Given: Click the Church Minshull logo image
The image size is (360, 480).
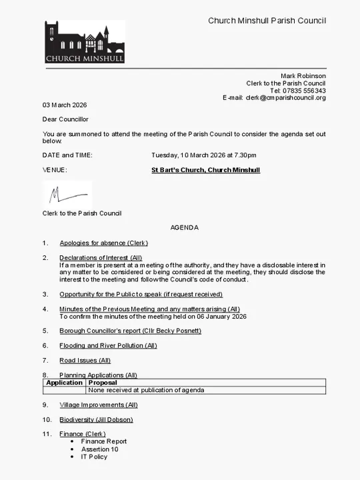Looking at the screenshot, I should coord(84,41).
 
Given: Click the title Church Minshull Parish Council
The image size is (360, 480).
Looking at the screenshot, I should coord(267,21).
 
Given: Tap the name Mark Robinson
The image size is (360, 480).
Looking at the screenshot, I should coord(303,76).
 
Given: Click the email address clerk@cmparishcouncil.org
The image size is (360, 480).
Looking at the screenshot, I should coord(285,98).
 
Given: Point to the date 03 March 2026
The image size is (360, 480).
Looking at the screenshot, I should coord(65,105).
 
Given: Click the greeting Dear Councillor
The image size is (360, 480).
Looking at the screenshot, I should coord(65,119).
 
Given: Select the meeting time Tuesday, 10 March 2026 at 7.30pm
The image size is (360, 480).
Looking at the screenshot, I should coord(203,155).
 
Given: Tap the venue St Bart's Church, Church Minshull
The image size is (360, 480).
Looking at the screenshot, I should coord(205,170).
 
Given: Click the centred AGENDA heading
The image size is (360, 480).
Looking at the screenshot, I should coord(184,228).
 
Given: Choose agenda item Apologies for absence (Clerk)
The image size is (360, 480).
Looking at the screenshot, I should coord(103,243).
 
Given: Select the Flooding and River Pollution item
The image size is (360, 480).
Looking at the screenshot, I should coord(108,345).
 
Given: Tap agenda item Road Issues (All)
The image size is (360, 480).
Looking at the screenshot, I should coord(85,360).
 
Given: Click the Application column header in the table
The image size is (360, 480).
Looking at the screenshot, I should coord(64,383).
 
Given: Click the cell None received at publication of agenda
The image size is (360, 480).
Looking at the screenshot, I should coord(146,390).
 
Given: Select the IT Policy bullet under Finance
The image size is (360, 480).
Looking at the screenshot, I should coord(94,457).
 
